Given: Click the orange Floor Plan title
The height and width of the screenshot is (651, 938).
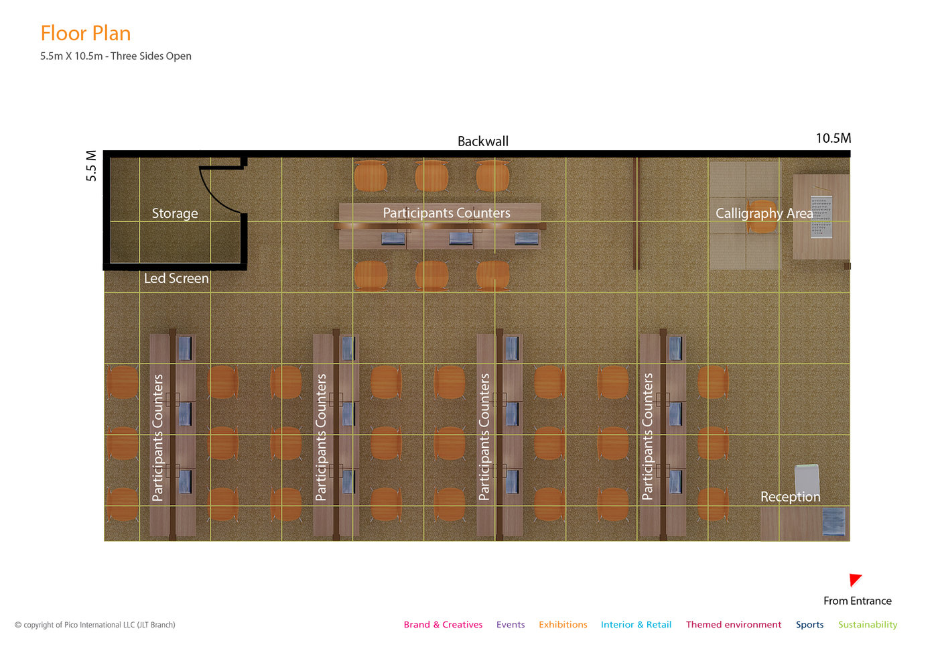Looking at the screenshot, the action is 86,33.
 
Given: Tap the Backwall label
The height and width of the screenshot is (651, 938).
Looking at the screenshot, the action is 483,141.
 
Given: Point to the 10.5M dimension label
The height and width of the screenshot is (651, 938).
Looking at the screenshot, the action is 833,138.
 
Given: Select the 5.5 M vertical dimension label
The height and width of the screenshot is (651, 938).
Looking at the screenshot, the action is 91,166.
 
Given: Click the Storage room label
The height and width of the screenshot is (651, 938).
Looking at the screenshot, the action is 175,213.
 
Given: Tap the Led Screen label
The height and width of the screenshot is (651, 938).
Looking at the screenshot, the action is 176,278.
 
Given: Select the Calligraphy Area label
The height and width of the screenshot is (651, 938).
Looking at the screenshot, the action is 764,213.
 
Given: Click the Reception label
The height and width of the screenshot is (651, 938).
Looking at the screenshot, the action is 790,496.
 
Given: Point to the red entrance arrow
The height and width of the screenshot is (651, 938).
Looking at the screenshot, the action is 854,580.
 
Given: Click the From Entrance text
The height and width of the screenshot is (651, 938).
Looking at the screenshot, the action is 857,601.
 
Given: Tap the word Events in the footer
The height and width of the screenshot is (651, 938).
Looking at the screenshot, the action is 511,624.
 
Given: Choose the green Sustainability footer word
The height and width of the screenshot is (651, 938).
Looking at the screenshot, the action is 868,625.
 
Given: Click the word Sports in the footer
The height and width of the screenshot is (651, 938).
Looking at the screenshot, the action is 809,625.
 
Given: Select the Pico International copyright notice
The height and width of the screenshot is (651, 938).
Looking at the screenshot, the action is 95,625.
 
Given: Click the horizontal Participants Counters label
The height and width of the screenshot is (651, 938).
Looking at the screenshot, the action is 446,213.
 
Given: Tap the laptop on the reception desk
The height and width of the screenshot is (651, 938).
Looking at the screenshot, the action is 833,522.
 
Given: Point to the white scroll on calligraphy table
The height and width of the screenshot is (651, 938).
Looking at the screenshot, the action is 821,217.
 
